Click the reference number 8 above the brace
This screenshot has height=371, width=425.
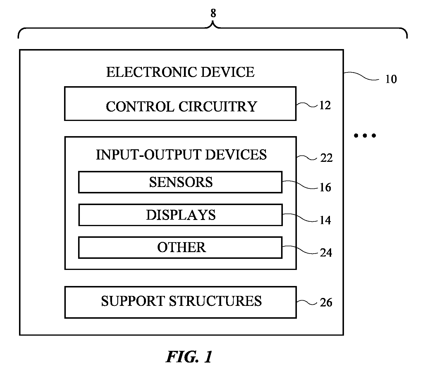click(213, 13)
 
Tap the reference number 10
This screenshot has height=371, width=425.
click(391, 79)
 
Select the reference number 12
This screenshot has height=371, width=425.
click(325, 105)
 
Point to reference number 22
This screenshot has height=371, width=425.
click(326, 158)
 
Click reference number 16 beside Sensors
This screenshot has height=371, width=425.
click(325, 188)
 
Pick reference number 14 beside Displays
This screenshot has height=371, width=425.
click(325, 220)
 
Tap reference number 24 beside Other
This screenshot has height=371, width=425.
click(326, 253)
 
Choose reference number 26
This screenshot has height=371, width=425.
click(326, 303)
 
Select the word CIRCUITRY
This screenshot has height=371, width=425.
click(218, 107)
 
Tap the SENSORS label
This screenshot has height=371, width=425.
click(181, 182)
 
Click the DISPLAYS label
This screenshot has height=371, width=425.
click(181, 215)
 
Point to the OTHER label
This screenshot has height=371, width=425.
click(182, 247)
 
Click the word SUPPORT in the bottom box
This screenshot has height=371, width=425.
click(133, 301)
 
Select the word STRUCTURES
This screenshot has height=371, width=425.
click(215, 301)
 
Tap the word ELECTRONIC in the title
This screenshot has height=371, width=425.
click(152, 72)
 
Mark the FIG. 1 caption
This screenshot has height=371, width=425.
click(189, 357)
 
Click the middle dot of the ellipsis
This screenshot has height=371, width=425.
click(365, 136)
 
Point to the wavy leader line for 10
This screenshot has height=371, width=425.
click(362, 76)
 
